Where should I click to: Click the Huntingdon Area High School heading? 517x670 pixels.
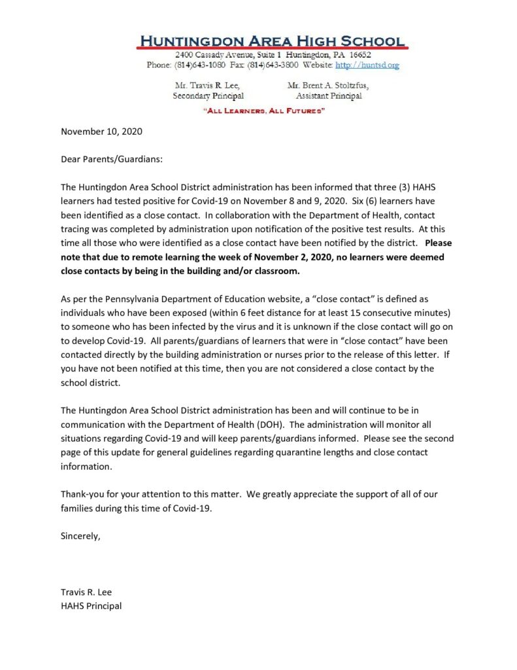coord(272,41)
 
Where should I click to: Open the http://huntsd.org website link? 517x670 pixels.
coord(367,65)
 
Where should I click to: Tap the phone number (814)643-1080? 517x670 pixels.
coord(195,65)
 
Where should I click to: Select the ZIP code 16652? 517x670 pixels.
coord(359,56)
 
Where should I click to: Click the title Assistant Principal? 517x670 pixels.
coord(329,96)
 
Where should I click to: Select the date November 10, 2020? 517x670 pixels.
coord(101,131)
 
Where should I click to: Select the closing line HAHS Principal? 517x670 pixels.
coord(91,606)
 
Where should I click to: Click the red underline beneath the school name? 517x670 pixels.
coord(272,48)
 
